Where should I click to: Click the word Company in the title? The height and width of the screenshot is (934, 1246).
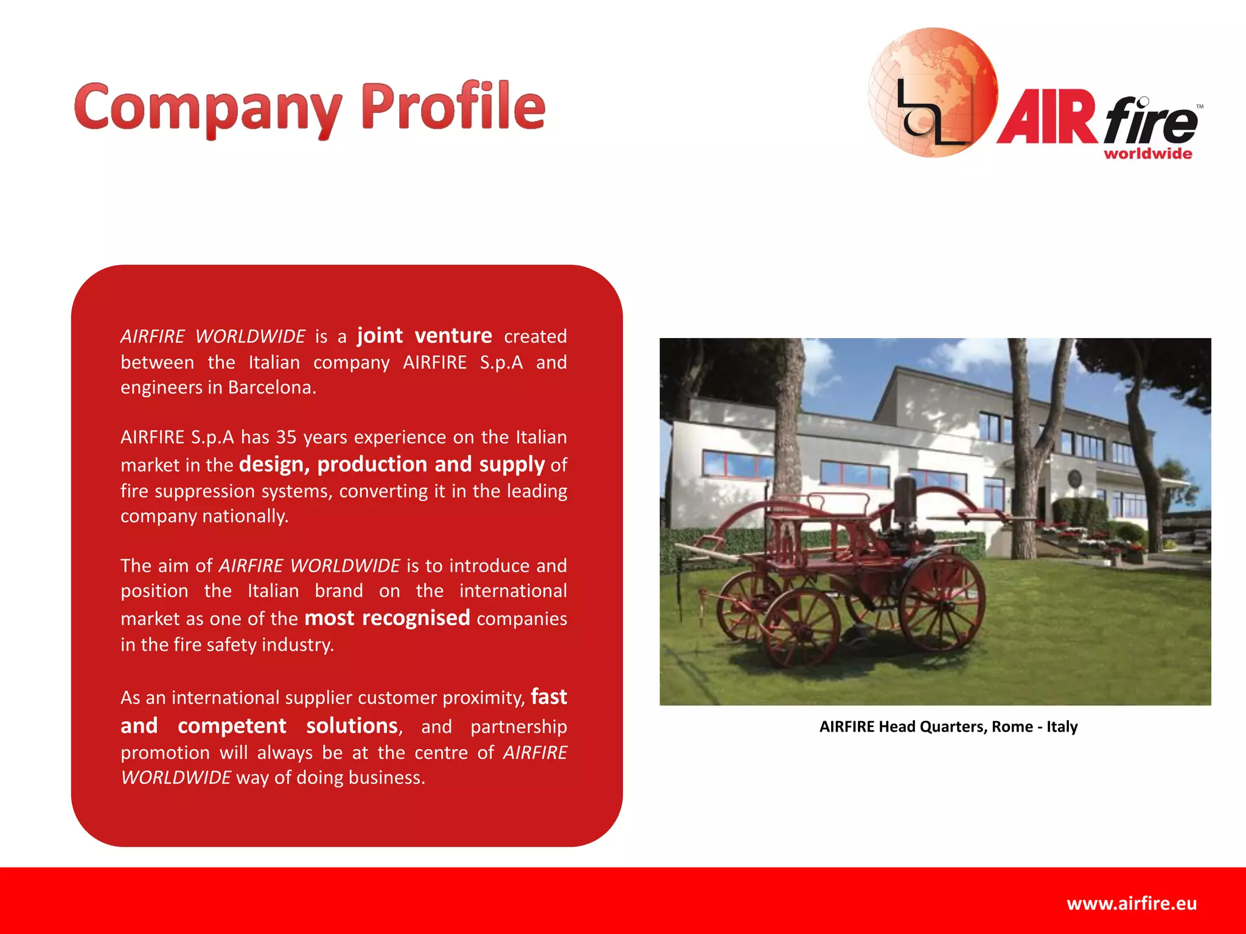coord(207,108)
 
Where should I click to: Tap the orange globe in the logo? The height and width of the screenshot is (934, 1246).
coord(932,91)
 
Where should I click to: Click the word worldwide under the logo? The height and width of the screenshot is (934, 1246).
coord(1147,154)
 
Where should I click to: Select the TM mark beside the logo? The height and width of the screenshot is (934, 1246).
coord(1200,107)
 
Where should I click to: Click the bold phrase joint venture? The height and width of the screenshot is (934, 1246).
coord(424,336)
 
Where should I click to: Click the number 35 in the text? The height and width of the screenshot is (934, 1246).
coord(286,437)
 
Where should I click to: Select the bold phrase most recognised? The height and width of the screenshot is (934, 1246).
coord(387,618)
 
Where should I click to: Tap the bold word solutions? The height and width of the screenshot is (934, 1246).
coord(352,725)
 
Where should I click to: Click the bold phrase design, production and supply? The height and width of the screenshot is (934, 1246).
coord(391,464)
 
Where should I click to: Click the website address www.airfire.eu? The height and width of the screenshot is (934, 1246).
coord(1131,903)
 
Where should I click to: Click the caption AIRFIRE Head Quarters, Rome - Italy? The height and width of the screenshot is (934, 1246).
coord(948,727)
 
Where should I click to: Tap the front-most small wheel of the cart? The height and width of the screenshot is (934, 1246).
coord(801,627)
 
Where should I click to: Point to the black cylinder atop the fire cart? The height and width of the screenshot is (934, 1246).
coord(905,499)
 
